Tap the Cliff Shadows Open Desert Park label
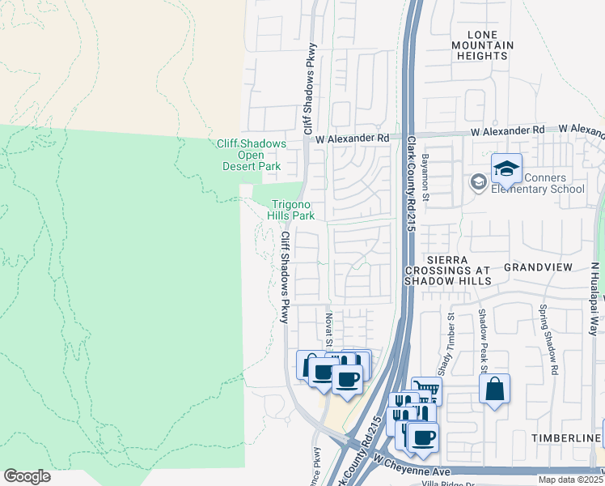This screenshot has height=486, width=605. tap(252, 155)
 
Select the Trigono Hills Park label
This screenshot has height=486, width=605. tap(292, 211)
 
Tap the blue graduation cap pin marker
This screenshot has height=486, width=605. tap(506, 168)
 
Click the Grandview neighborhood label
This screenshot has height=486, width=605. tap(538, 266)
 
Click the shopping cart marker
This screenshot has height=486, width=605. tap(426, 391)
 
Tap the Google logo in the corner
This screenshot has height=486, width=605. tap(27, 476)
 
